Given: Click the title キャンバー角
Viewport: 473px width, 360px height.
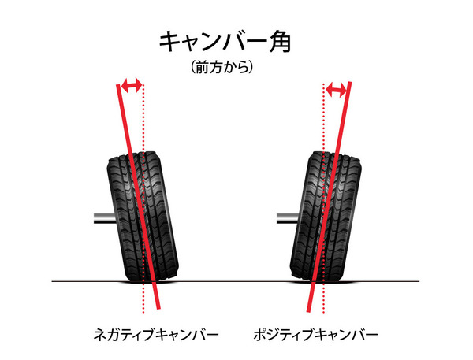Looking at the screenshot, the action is point(225,43).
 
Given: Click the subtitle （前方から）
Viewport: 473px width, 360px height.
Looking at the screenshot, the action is point(222,67).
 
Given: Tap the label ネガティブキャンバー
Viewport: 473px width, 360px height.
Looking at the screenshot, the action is point(155,335).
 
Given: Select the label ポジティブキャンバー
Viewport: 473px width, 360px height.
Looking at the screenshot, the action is point(315,335).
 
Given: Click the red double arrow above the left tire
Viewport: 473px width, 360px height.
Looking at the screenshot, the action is point(131,85).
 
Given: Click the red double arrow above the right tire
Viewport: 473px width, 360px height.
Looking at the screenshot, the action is point(337,90).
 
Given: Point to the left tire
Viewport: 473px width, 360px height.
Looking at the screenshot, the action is point(143,216).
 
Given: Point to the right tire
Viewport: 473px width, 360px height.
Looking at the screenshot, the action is point(326,216).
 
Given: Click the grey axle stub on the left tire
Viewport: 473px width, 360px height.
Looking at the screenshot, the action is point(104,218).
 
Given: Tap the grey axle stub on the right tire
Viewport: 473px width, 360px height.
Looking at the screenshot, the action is point(288,218).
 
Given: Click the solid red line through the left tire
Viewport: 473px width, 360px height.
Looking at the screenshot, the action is point(139,197).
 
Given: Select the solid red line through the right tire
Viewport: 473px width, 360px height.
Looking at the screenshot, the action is point(329,197).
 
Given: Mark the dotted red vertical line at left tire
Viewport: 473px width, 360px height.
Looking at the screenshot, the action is point(143,199).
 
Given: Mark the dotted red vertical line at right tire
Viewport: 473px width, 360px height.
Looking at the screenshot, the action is point(324,198).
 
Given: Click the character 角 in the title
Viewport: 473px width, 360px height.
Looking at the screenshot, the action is point(281,43).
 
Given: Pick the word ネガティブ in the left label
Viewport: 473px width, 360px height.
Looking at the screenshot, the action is point(125,335).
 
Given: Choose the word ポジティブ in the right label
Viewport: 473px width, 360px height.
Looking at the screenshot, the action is point(284,335).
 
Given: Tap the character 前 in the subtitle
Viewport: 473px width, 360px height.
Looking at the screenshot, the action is point(203,67).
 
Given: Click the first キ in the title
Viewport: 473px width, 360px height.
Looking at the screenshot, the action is point(169,43).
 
